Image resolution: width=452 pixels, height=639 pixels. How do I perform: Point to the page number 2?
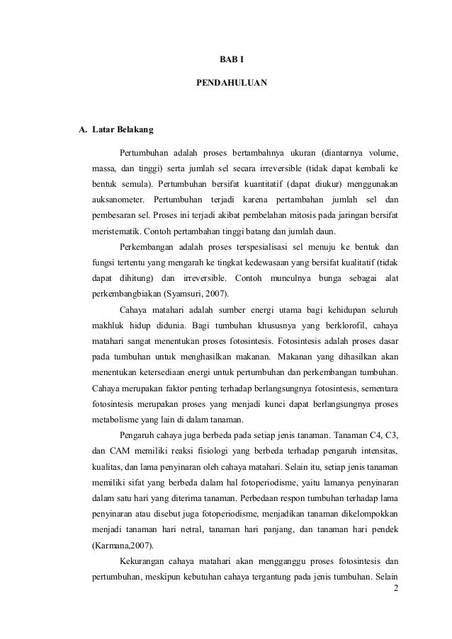tap(396, 585)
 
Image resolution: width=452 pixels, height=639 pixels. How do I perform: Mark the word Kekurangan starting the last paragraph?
tap(145, 561)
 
